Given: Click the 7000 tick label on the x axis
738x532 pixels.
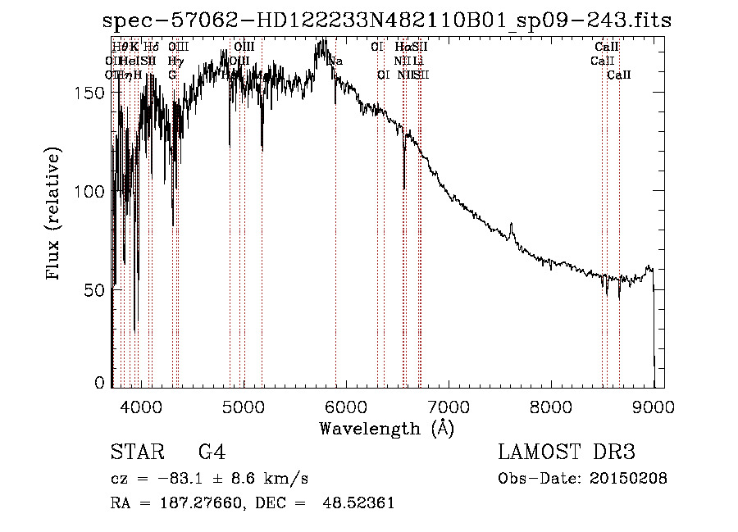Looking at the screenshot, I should pos(449,406).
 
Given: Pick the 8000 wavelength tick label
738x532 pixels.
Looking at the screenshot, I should pos(551,406).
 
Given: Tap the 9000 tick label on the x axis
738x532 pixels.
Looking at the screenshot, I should pos(654,406).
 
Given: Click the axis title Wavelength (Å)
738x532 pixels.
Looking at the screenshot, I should pos(386,428).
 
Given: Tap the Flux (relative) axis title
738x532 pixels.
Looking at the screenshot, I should pos(55,215).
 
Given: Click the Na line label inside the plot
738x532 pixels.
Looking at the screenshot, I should pos(336,61).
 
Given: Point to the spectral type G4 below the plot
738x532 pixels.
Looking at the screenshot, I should pos(212,452).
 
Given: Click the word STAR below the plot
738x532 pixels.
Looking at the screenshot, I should pos(136,452).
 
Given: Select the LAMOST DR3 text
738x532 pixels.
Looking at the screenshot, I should pos(566,452).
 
